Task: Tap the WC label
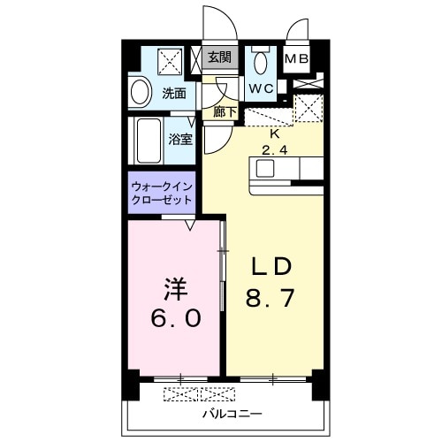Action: pos(259,88)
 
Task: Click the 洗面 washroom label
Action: pos(173,92)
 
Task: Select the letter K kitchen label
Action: pos(274,134)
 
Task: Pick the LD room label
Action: pos(273,268)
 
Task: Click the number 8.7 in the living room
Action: pos(273,299)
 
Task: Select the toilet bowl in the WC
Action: pos(260,64)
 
